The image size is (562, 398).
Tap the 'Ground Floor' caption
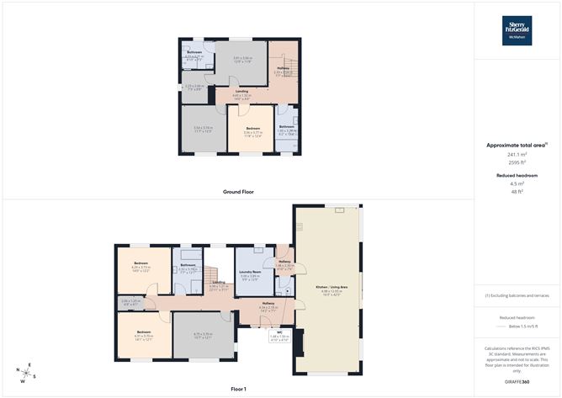click(x=238, y=192)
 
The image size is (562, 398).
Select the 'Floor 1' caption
click(x=238, y=390)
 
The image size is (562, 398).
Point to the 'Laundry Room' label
click(x=249, y=272)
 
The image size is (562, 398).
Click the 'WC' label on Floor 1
click(x=279, y=333)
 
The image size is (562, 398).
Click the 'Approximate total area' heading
click(x=517, y=146)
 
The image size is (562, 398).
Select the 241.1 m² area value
click(x=517, y=155)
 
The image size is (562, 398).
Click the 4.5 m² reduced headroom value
click(x=517, y=183)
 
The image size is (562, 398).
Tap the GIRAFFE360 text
click(x=517, y=383)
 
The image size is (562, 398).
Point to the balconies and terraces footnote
click(x=517, y=296)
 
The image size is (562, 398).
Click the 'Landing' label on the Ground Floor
click(x=241, y=90)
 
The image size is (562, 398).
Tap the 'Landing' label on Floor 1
click(x=218, y=283)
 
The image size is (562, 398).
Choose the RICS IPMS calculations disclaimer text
click(x=517, y=359)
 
